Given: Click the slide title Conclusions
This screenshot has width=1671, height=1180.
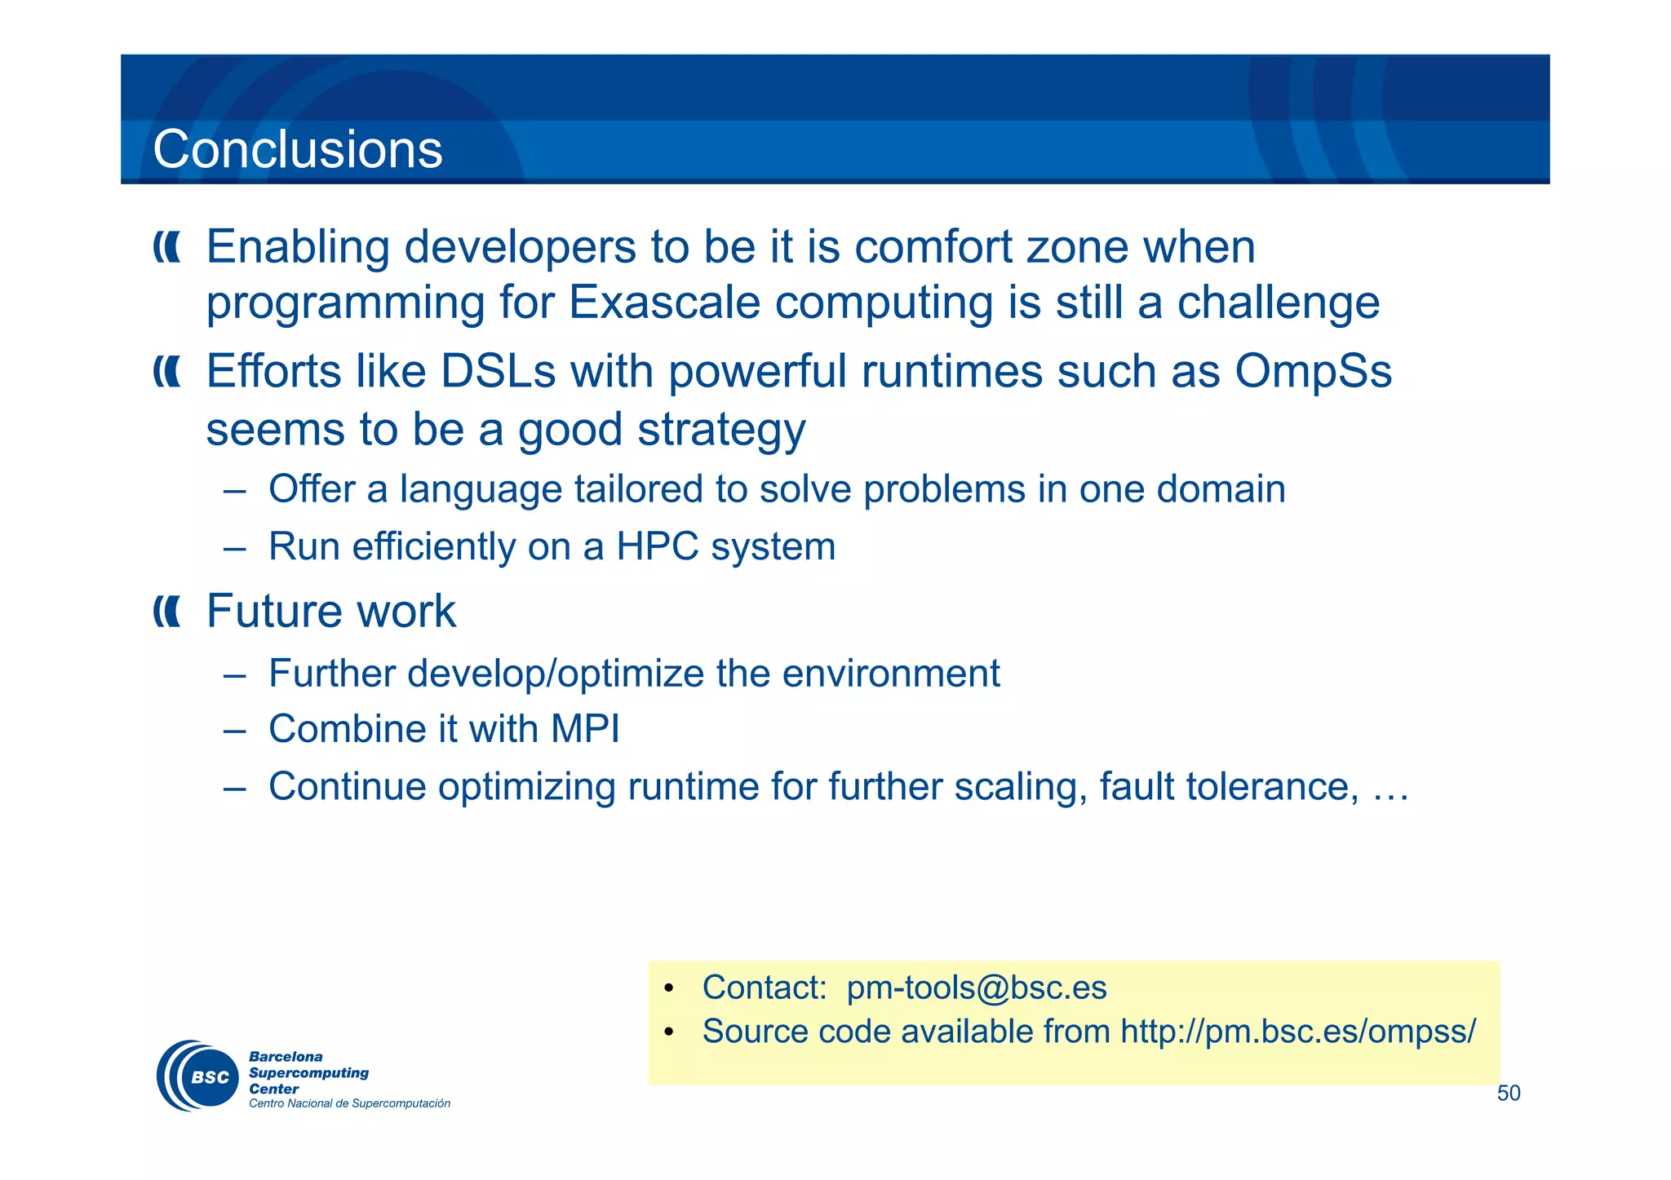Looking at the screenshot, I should click(298, 150).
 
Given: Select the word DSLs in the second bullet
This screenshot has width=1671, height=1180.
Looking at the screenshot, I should click(498, 372).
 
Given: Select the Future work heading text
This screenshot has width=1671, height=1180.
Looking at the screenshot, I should click(330, 611).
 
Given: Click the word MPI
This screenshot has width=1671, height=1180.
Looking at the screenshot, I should click(585, 729).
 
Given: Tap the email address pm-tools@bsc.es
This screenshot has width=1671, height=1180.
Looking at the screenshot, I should click(976, 988).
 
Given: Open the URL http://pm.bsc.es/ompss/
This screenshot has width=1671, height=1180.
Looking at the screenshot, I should click(1297, 1032).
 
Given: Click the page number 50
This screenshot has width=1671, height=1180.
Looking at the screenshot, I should click(1508, 1094).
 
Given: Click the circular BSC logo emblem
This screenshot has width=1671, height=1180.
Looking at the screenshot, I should click(198, 1076).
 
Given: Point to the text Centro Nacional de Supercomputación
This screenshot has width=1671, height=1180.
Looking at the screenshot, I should click(349, 1104).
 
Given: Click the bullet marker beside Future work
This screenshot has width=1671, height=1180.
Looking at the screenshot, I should click(166, 612).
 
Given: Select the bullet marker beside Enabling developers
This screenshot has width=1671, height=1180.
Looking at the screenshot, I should click(166, 247).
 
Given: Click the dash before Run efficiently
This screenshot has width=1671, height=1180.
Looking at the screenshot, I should click(234, 548).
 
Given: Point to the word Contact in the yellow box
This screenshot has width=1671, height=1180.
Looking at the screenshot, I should click(764, 988).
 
